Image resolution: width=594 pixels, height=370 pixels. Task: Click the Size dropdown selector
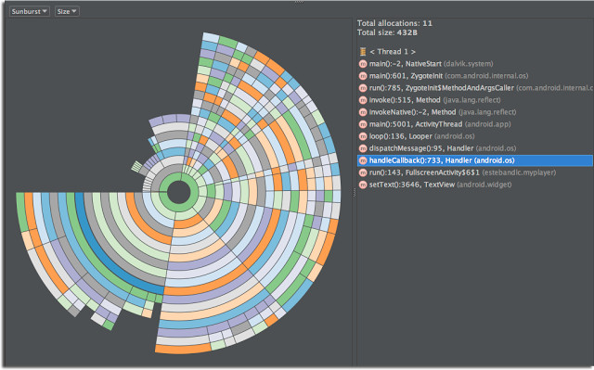(66, 11)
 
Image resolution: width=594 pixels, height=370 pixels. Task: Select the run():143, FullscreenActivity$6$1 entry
(436, 172)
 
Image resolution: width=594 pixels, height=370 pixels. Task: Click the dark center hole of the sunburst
(175, 195)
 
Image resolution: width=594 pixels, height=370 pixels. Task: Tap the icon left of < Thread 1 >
(363, 51)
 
